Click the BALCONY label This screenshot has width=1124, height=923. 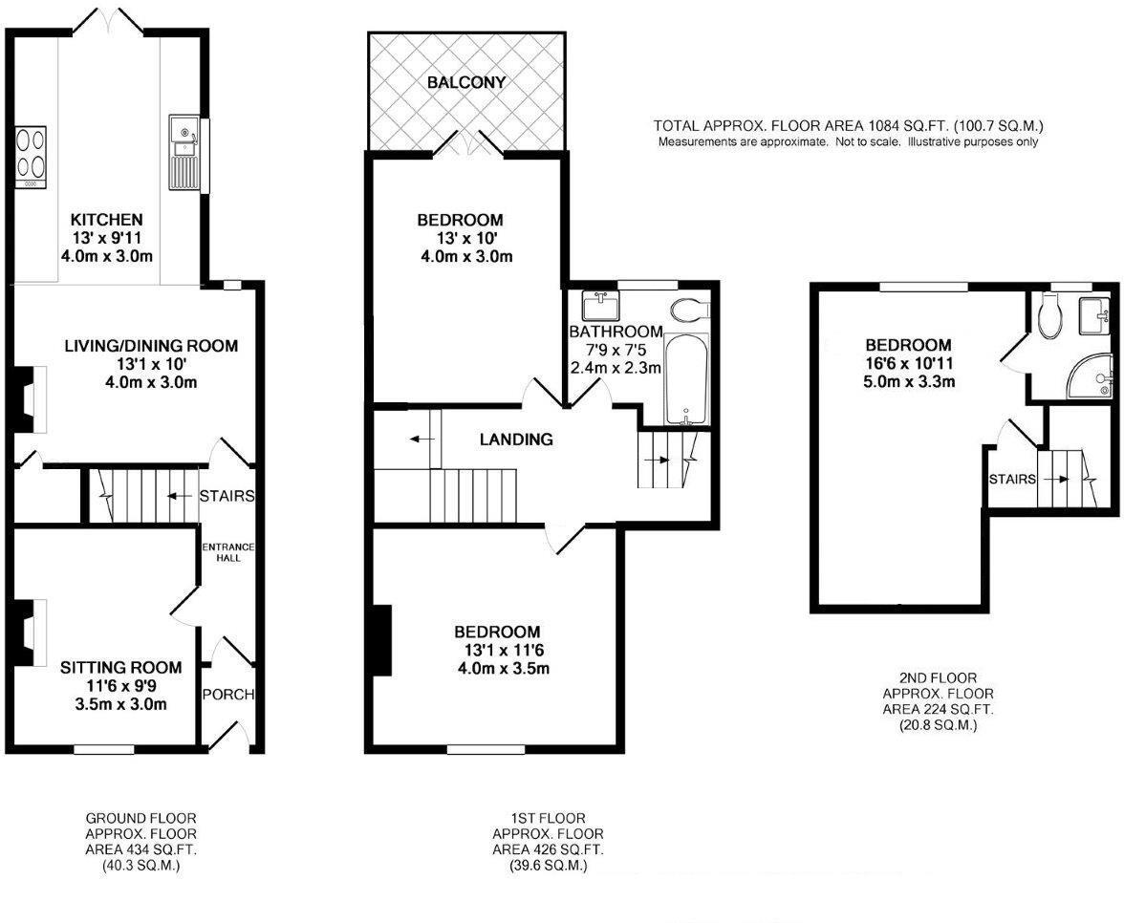466,83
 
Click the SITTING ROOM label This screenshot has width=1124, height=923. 120,667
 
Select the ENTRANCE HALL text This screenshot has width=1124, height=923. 227,551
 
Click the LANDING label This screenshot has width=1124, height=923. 516,440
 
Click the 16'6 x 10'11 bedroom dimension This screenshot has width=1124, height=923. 908,364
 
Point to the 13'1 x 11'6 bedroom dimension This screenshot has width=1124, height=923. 496,651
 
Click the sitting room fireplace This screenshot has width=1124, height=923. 32,632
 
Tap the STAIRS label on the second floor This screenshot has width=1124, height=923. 1012,479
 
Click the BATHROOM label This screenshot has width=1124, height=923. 616,332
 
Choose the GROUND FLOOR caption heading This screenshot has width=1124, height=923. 141,818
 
